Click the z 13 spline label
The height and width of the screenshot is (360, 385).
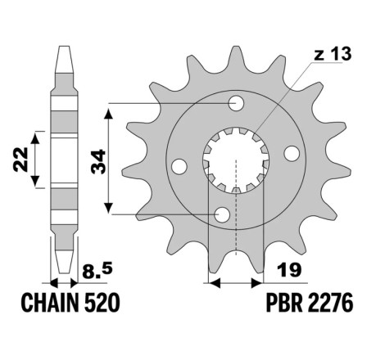pos(333,54)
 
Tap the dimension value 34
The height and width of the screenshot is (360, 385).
pos(98,161)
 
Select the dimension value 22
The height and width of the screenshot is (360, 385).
pos(20,160)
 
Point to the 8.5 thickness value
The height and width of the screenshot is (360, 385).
pos(97,271)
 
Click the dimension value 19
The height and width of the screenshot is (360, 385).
pos(289,270)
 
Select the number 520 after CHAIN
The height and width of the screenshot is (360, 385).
pos(102,303)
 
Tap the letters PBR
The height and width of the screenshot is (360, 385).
pos(284,303)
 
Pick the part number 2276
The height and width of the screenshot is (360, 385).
pos(330,303)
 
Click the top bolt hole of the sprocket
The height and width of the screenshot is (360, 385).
pos(236,103)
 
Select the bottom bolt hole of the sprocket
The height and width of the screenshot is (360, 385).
pos(222,214)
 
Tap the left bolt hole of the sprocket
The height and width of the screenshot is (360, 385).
pos(179,166)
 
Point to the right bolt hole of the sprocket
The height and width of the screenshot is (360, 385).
pos(292,153)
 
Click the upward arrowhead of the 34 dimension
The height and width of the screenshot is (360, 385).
pos(109,113)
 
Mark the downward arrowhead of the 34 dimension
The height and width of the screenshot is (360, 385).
pos(109,208)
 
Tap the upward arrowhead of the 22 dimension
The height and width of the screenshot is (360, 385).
pos(35,137)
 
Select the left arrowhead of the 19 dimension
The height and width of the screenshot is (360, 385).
pos(215,283)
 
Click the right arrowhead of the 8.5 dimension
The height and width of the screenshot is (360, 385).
pos(74,283)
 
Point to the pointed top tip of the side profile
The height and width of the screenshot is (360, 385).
pos(64,47)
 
